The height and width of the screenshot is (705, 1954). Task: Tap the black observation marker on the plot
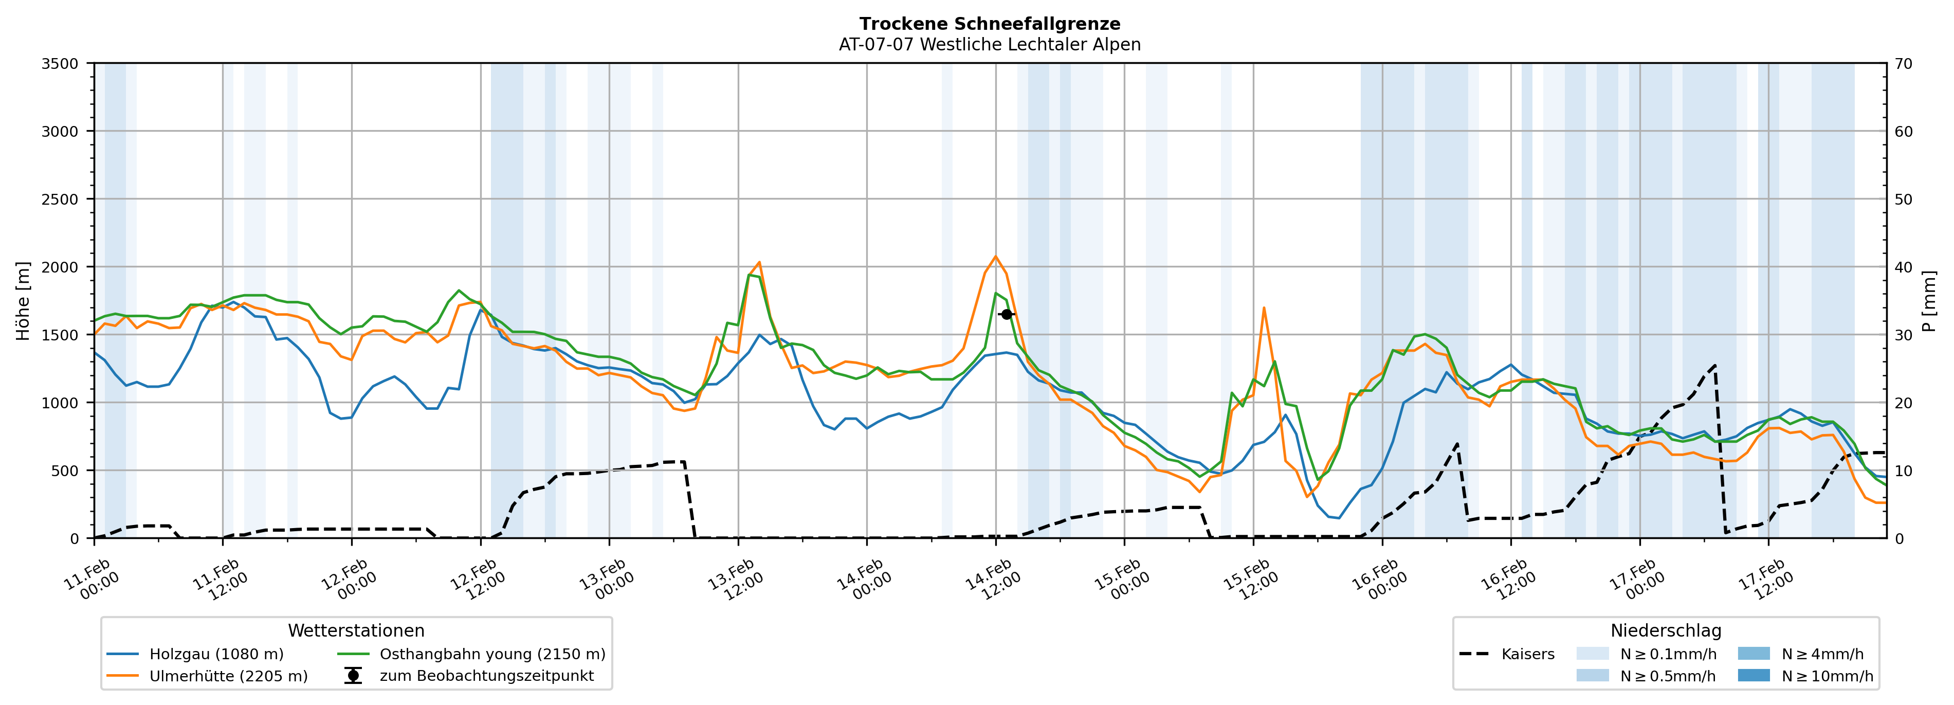tap(1007, 314)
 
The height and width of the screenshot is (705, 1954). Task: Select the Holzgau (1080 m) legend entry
tap(216, 654)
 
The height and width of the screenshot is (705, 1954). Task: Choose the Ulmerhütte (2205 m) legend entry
tap(228, 676)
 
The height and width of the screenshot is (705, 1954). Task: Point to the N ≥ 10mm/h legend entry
tap(1827, 676)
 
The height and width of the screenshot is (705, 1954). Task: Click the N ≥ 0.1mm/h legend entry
tap(1667, 654)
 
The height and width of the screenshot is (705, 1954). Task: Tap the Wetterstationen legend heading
tap(356, 630)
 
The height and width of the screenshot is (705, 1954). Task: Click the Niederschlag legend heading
tap(1666, 630)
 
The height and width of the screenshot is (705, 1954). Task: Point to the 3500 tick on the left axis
tap(60, 64)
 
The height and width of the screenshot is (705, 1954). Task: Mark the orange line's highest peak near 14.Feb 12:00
tap(995, 257)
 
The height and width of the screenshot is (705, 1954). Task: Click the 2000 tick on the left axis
tap(60, 267)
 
